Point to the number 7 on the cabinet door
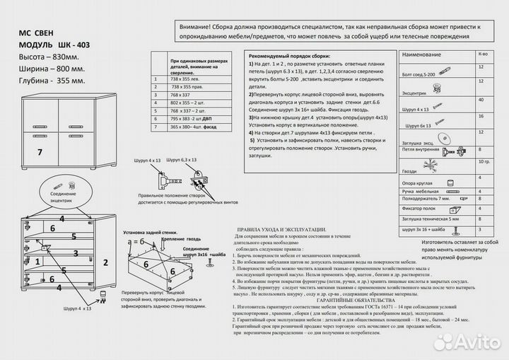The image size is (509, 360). (40, 152)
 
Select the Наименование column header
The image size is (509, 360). (424, 54)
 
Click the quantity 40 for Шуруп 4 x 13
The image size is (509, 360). (481, 100)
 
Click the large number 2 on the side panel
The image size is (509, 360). (105, 262)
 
